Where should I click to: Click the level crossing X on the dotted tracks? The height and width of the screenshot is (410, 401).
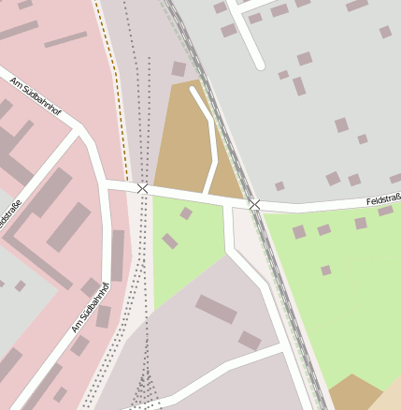click(x=142, y=188)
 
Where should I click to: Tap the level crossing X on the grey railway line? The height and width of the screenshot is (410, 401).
click(x=254, y=203)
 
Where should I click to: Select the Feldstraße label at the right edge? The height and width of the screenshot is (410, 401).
click(x=383, y=199)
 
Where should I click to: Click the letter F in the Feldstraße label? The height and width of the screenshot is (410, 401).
click(x=369, y=201)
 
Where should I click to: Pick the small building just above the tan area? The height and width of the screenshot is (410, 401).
click(x=179, y=69)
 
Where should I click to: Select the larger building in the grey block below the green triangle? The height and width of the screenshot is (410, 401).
click(x=216, y=308)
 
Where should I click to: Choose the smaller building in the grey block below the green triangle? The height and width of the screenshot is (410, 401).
click(x=250, y=341)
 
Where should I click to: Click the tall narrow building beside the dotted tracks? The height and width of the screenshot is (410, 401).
click(x=118, y=255)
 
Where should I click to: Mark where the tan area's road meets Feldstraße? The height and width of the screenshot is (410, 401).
click(x=206, y=195)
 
